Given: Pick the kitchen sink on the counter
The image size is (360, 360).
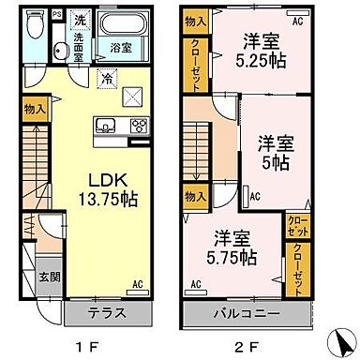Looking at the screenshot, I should click(x=104, y=125).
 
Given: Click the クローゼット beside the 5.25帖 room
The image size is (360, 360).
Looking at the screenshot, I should click(x=197, y=66).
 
